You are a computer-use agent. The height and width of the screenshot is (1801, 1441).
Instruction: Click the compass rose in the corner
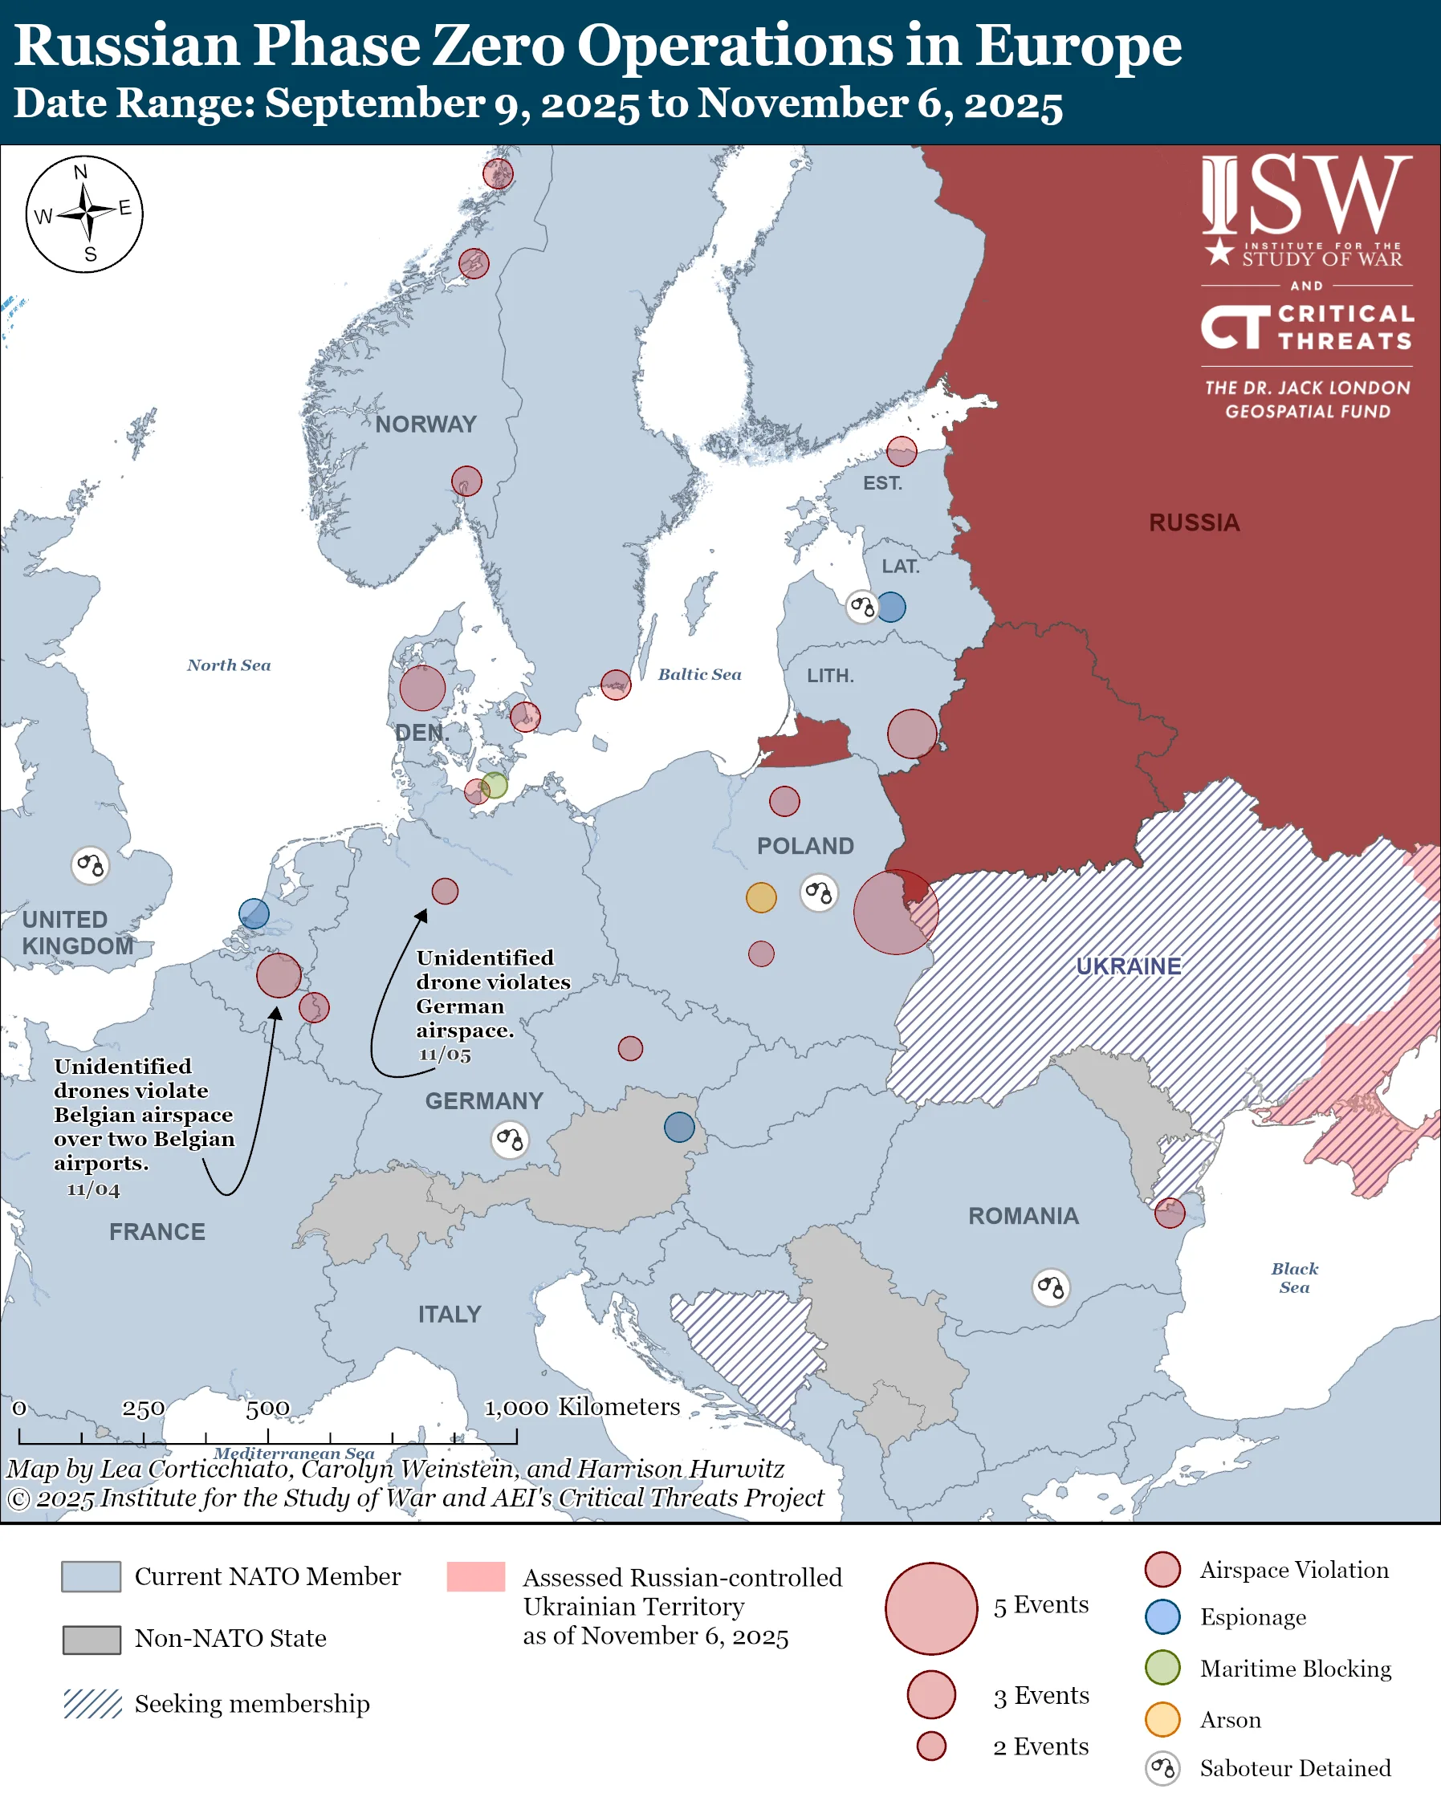(84, 213)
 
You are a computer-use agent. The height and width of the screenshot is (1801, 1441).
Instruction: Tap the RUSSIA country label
(1194, 523)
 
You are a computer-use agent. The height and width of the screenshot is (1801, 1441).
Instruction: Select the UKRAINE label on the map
(1128, 966)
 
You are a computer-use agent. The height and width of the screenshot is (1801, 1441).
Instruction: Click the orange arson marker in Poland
(761, 897)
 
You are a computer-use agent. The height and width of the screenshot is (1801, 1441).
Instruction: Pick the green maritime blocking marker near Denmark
(495, 785)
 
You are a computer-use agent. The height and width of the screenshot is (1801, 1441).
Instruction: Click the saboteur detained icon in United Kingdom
(90, 865)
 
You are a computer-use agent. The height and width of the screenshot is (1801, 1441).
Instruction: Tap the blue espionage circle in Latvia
(891, 608)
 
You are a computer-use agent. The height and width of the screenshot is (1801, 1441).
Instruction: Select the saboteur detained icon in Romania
(1051, 1287)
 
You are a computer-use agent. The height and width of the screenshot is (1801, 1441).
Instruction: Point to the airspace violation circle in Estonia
(902, 452)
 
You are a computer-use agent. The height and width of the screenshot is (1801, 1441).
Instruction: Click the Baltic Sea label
(699, 675)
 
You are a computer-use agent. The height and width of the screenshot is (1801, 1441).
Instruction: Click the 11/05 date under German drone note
(445, 1055)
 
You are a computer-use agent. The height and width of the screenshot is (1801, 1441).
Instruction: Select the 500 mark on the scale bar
(267, 1409)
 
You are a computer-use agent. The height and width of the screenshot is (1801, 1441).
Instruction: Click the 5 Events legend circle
(931, 1609)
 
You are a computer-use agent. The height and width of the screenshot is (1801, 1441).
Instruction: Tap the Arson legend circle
(1162, 1720)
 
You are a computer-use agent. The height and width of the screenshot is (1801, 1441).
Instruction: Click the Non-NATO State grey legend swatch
(92, 1640)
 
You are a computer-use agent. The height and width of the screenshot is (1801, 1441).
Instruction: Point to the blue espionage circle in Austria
(679, 1127)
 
